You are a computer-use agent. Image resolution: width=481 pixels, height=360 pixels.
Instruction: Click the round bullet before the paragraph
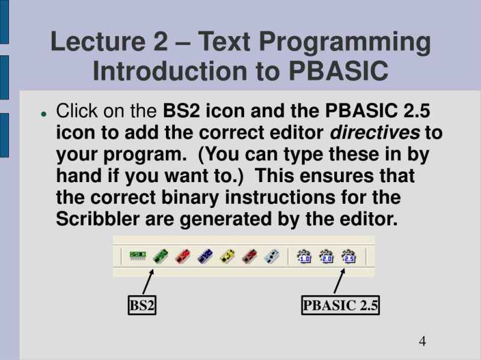[x=44, y=113]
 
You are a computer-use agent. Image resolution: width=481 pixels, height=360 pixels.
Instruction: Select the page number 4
[x=422, y=341]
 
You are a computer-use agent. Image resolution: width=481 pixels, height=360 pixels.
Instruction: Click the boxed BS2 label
[x=142, y=305]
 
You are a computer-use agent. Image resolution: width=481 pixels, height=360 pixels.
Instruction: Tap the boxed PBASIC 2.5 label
[x=340, y=305]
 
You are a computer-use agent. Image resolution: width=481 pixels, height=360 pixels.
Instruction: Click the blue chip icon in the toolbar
[x=204, y=257]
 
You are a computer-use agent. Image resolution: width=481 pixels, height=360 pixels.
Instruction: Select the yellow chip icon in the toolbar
[x=227, y=257]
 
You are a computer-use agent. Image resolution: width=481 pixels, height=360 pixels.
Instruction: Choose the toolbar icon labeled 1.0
[x=304, y=257]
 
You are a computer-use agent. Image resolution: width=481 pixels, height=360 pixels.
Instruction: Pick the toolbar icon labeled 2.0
[x=326, y=257]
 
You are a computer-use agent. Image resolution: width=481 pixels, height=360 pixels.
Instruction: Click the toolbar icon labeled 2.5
[x=348, y=257]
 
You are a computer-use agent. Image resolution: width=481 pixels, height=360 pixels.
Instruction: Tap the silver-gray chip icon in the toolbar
[x=271, y=257]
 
